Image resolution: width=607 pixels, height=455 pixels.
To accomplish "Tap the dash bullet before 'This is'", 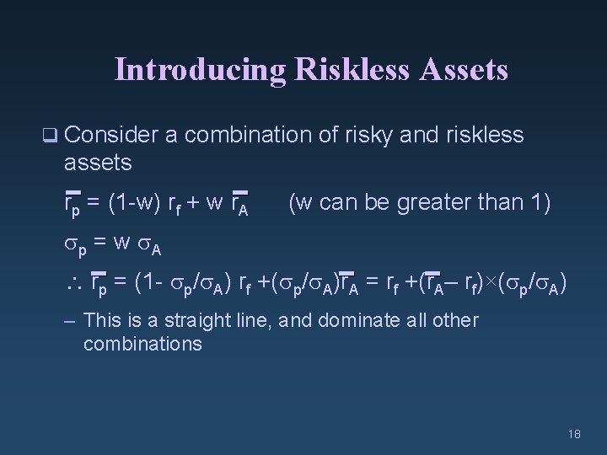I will pos(70,321).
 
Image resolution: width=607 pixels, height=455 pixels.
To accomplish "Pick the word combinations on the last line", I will pos(142,343).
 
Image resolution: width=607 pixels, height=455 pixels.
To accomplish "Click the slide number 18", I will pos(574,433).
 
